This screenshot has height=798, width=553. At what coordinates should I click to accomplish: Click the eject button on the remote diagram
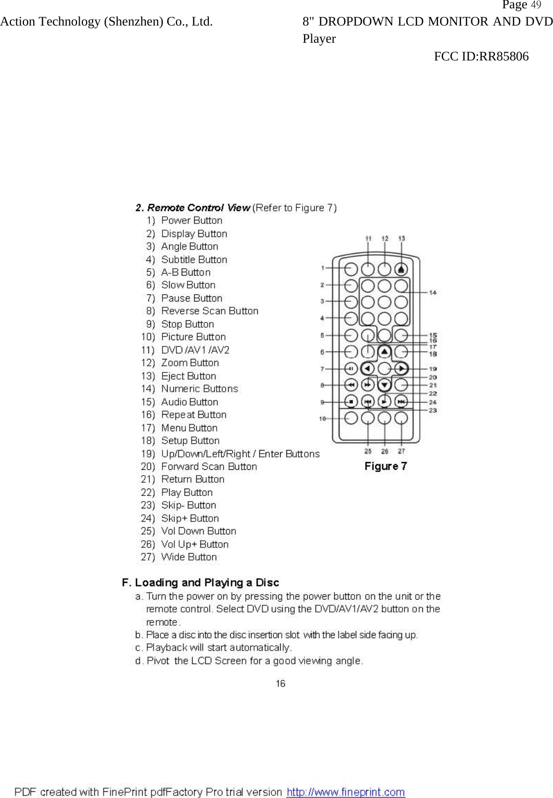point(401,269)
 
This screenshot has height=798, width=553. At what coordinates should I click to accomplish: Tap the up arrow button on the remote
point(384,352)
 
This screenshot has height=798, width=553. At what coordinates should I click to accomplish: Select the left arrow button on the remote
point(368,369)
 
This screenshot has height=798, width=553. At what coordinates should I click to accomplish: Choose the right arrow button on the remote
point(401,369)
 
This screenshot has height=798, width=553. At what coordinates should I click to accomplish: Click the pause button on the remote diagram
point(351,369)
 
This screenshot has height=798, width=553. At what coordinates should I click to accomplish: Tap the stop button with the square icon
point(351,402)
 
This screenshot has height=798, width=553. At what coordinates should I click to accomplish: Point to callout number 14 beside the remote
point(433,292)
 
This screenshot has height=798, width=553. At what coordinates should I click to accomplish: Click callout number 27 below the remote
point(401,451)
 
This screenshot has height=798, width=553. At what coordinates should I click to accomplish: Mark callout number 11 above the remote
point(368,239)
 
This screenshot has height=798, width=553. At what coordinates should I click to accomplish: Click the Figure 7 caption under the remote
point(385,466)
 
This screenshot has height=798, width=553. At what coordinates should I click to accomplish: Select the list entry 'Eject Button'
point(188,376)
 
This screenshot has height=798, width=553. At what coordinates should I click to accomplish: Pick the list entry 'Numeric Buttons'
point(199,389)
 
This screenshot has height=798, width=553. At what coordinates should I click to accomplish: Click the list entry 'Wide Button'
point(189,557)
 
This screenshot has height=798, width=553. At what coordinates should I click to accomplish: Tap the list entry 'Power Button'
point(192,220)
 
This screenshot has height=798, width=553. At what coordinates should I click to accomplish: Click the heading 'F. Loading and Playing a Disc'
point(200,582)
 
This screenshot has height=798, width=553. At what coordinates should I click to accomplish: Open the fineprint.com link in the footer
point(346,792)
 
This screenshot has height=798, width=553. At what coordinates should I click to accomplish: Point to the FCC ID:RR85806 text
point(481,56)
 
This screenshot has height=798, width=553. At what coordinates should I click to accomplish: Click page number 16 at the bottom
point(281,683)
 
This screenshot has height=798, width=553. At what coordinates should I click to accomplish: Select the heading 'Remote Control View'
point(193,208)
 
